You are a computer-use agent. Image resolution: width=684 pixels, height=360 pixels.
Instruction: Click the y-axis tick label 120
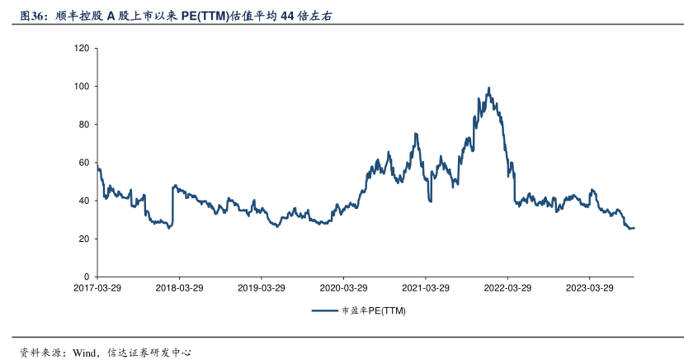coord(81,48)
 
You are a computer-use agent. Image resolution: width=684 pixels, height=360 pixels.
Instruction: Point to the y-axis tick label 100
coord(81,86)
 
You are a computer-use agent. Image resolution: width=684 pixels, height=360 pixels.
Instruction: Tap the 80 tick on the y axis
coord(83,124)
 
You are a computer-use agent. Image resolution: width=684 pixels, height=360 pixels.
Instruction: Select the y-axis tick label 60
coord(83,163)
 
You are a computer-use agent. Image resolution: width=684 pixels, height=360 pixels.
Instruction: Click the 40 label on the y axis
coord(83,201)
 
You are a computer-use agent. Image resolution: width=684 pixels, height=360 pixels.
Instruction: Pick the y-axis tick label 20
coord(83,239)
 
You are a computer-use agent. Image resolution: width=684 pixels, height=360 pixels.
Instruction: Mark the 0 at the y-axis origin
coord(86,277)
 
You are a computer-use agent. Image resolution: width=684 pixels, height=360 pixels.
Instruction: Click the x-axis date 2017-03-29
coord(97,288)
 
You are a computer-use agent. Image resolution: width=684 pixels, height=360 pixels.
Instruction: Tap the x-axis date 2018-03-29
coord(179,288)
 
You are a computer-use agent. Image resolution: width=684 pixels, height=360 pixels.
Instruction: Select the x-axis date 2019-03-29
coord(262,288)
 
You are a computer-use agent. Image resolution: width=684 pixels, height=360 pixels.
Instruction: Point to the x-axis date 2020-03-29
coord(343,288)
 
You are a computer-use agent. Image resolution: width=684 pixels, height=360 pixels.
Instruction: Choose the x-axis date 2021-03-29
coord(425,288)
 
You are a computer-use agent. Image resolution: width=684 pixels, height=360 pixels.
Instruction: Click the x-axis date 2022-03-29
coord(507,288)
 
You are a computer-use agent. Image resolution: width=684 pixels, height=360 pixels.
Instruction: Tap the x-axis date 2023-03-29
coord(589,288)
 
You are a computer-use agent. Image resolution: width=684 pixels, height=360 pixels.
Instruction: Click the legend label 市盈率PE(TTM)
coord(373,311)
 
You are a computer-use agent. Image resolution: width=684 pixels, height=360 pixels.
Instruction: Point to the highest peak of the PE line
coord(489,88)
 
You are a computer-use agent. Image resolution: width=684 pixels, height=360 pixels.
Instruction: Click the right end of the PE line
coord(634,227)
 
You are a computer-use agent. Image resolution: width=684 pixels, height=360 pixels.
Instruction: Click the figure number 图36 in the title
coord(34,16)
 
